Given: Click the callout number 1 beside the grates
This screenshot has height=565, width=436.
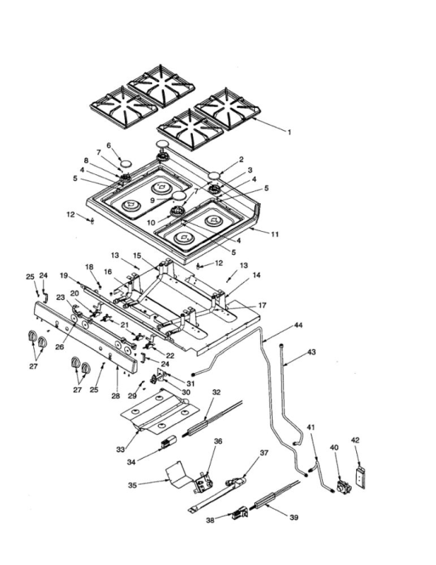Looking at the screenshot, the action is click(x=289, y=132).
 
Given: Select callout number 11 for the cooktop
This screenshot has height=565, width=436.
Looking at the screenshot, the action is click(x=275, y=234).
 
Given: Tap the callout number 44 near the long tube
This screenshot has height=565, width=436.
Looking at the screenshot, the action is click(x=298, y=326).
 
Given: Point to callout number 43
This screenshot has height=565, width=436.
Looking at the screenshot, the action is click(x=311, y=352).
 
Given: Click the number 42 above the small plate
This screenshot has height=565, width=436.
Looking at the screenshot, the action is click(x=355, y=440).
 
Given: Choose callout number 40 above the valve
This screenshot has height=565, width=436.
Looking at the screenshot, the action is click(x=334, y=447).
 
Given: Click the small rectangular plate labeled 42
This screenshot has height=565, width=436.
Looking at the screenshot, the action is click(x=361, y=478).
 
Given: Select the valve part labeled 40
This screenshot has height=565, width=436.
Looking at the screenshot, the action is click(x=343, y=487).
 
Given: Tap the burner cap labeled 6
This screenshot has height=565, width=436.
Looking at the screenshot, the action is click(x=126, y=164).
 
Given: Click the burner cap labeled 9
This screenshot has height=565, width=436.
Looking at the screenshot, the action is click(x=180, y=196).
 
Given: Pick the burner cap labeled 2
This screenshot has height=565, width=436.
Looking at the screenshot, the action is click(x=214, y=176).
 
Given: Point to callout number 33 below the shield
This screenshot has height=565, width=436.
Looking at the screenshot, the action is click(x=120, y=449).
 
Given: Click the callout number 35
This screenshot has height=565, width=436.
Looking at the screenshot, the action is click(x=133, y=485).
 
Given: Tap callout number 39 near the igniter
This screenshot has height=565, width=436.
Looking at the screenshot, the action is click(x=294, y=518).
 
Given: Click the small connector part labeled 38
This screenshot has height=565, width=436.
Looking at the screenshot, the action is click(x=240, y=513).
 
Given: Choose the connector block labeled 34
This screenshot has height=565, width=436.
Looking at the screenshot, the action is click(x=168, y=442).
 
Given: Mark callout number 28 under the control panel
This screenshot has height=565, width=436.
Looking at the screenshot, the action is click(x=115, y=396).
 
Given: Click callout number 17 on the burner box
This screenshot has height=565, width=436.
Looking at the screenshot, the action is click(x=262, y=305).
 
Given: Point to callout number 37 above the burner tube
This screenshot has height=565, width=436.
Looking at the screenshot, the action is click(x=265, y=453).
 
